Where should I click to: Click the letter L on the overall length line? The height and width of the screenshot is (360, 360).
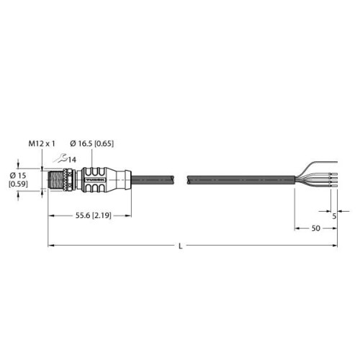(181, 247)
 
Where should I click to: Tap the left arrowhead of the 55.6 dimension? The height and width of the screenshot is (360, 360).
(51, 214)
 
